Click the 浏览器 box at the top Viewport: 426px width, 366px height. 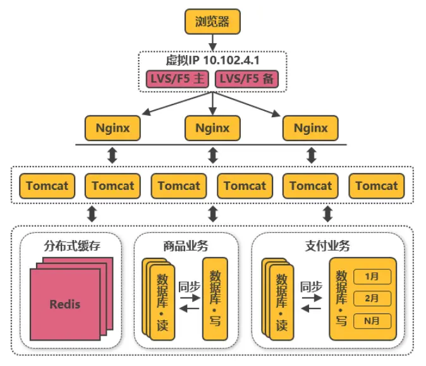point(213,21)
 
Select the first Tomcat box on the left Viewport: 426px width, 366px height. point(47,186)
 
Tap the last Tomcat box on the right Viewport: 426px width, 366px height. point(377,186)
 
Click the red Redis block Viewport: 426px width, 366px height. point(65,304)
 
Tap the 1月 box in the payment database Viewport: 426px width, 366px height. point(373,276)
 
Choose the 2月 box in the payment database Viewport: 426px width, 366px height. point(373,298)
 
